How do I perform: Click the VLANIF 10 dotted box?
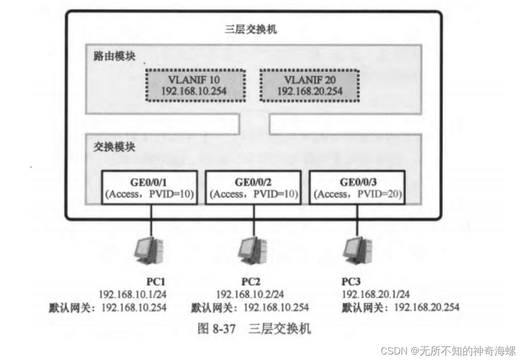pos(194,85)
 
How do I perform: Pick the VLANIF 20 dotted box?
pos(310,85)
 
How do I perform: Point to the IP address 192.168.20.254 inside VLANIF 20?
pos(310,91)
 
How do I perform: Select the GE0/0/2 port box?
pos(252,187)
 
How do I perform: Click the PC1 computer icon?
pos(148,249)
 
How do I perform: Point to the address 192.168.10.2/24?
pos(250,294)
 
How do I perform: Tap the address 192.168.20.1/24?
pos(375,294)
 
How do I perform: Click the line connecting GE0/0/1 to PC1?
pos(150,220)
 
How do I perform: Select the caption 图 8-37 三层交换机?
pos(254,328)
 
